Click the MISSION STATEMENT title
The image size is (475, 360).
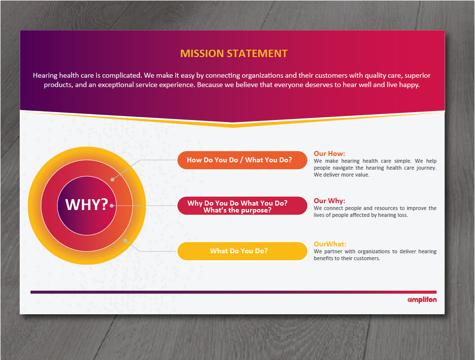(234, 54)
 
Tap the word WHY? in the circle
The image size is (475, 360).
(87, 205)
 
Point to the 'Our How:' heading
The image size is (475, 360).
(329, 153)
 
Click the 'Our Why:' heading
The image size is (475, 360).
(329, 201)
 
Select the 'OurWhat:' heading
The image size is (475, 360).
(330, 244)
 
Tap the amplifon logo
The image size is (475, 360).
(422, 300)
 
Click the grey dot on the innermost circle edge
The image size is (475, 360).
(113, 205)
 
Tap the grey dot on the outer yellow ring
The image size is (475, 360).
(126, 240)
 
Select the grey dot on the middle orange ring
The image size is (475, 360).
(113, 180)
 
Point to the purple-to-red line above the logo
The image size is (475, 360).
(233, 292)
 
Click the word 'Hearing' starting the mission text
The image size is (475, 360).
(45, 75)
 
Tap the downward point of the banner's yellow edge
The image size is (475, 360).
(233, 126)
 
